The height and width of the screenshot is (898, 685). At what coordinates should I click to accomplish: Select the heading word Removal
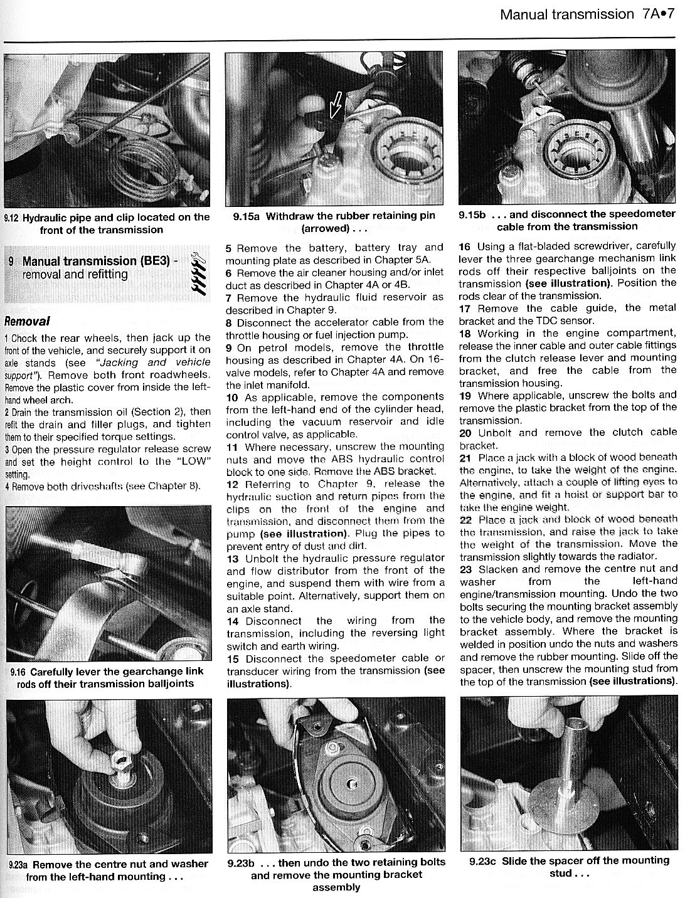click(x=27, y=322)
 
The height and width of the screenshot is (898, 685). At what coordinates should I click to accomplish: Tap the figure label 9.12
click(x=11, y=218)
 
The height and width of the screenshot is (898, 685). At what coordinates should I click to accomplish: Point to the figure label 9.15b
click(x=472, y=214)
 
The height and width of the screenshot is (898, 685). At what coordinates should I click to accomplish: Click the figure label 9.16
click(x=18, y=672)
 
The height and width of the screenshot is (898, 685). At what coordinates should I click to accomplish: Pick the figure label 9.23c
click(x=482, y=861)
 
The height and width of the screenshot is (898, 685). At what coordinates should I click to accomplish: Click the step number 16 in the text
click(x=465, y=246)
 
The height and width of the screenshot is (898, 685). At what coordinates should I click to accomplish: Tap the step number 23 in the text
click(x=465, y=569)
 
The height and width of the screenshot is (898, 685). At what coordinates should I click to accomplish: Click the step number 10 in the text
click(x=232, y=397)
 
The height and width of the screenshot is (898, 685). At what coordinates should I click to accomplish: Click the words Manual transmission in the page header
click(x=567, y=14)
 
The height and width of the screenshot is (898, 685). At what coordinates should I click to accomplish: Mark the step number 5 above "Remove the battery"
click(x=229, y=248)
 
